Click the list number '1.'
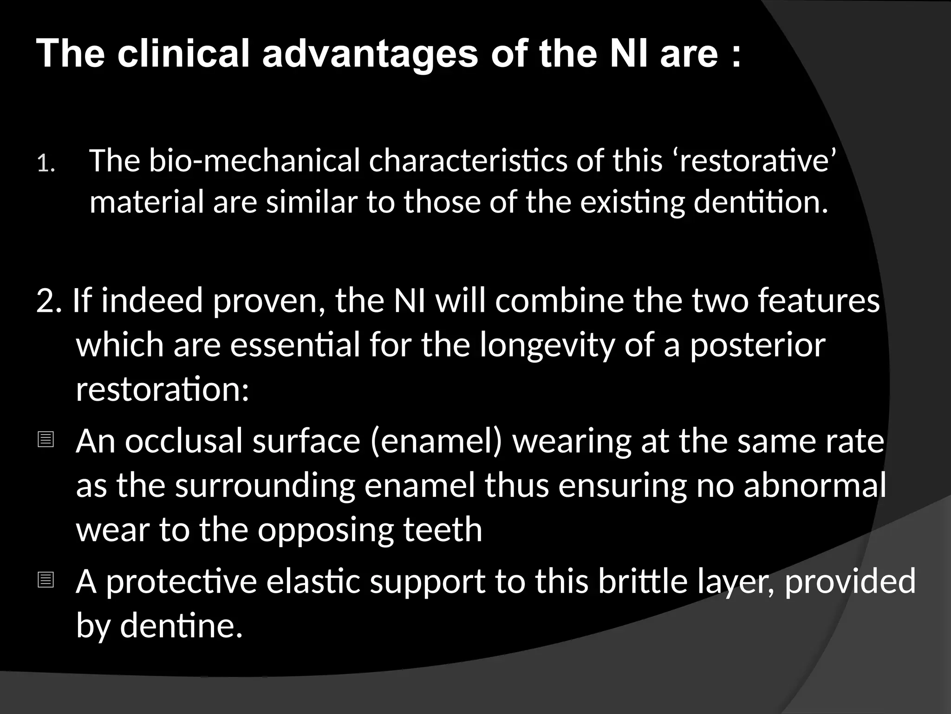click(46, 164)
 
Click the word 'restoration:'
click(163, 389)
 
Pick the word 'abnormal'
click(815, 485)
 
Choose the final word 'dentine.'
click(182, 626)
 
